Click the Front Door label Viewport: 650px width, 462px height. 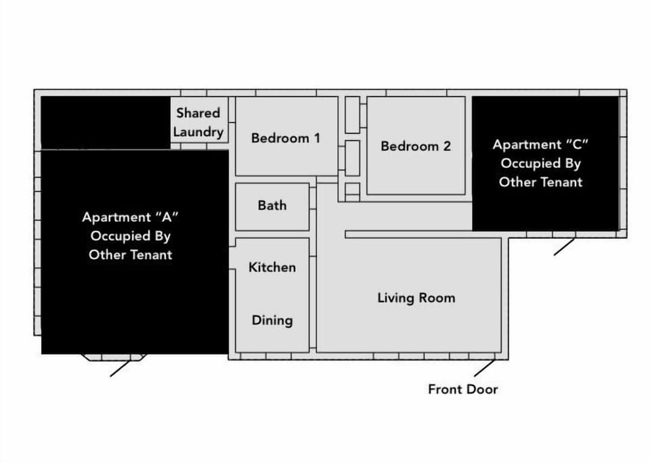coord(462,390)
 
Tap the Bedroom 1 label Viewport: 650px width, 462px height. coord(285,138)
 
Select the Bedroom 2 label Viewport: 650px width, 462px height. coord(415,146)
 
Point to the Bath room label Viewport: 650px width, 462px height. coord(272,206)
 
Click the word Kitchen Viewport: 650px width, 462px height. coord(272,267)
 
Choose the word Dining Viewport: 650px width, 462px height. coord(272,320)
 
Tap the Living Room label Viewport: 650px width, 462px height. coord(416,298)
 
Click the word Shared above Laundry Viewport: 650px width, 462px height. coord(198,113)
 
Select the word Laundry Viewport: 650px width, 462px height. coord(198,131)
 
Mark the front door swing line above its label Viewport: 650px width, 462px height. coord(484,367)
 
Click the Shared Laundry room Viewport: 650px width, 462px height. coord(198,122)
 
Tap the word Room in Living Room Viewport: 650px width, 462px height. coord(437,298)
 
